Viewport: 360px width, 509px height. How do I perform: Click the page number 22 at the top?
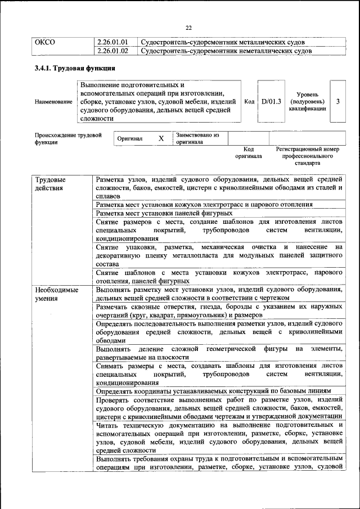(188, 28)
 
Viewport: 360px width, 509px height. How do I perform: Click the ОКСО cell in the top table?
(45, 42)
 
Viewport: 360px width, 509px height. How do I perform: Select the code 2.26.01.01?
(112, 42)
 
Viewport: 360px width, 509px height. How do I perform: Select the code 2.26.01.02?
(112, 51)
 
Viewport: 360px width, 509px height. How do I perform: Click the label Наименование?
(53, 102)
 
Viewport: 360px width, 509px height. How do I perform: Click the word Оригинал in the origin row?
(130, 138)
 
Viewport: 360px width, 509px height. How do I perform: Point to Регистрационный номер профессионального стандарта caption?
(308, 156)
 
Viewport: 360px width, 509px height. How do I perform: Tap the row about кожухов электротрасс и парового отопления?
(205, 204)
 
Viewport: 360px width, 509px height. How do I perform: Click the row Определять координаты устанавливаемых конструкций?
(213, 391)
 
